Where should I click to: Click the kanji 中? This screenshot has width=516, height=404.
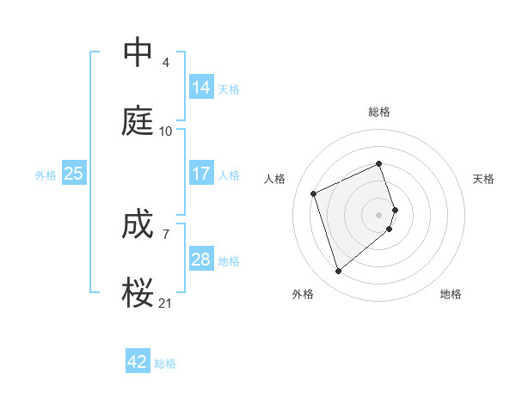tap(138, 53)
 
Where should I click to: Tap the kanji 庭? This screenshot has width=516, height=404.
tap(138, 122)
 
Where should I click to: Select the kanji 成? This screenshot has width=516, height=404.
tap(138, 225)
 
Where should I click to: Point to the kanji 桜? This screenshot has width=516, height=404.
tap(138, 292)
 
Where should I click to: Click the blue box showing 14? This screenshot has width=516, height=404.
tap(201, 87)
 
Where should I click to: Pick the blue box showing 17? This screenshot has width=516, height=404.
tap(201, 174)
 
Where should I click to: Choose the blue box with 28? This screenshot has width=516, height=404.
tap(201, 260)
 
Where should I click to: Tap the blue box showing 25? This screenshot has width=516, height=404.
tap(74, 174)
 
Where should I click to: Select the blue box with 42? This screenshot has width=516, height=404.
tap(138, 362)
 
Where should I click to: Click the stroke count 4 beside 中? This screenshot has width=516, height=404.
tap(166, 63)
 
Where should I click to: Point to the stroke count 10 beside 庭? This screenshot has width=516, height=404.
tap(166, 132)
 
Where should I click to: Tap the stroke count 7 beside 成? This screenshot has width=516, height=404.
tap(166, 234)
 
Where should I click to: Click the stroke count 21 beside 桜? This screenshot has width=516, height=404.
tap(166, 303)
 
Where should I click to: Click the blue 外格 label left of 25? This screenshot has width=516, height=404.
tap(46, 175)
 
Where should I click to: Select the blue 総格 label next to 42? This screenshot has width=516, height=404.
tap(165, 364)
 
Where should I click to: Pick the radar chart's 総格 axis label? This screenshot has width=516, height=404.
tap(379, 112)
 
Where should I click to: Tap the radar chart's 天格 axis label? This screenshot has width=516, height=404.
tap(484, 179)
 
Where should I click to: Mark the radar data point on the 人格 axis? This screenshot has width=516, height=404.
tap(315, 193)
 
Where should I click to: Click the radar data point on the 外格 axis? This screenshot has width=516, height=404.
tap(339, 272)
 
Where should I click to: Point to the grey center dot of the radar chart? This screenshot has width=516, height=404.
tap(379, 213)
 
